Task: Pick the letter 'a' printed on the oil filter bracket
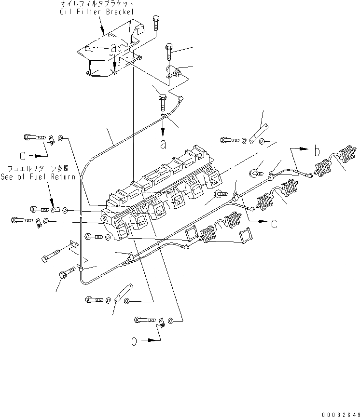click(x=114, y=48)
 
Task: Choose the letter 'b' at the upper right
click(x=317, y=151)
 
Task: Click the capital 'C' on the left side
click(x=23, y=156)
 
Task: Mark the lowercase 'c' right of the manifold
click(x=274, y=223)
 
